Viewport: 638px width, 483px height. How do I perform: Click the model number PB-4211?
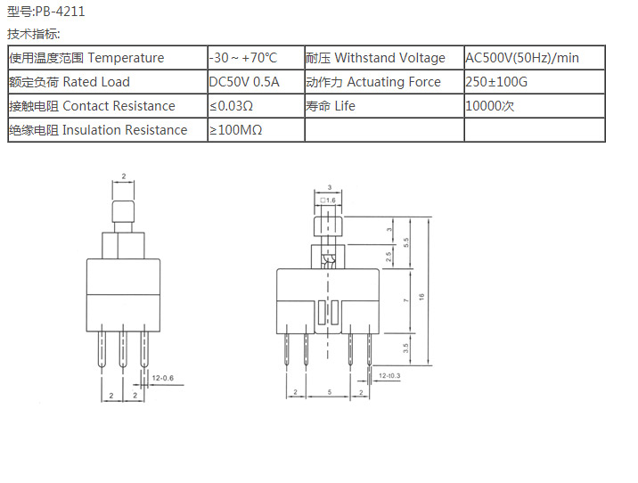point(60,12)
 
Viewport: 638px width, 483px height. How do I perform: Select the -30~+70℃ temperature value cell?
point(243,58)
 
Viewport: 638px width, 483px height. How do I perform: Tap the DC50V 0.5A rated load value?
point(243,82)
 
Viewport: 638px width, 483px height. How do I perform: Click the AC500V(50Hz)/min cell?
point(522,58)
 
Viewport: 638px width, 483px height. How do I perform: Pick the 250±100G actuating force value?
point(497,82)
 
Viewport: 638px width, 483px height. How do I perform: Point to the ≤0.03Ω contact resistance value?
point(232,106)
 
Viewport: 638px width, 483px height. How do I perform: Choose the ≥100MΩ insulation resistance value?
point(235,130)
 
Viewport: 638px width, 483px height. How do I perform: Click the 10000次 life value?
point(490,106)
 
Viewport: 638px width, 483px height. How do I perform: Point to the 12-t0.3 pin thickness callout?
point(389,377)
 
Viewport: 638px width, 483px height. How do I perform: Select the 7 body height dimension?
point(406,301)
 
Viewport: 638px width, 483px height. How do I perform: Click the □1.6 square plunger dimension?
point(329,201)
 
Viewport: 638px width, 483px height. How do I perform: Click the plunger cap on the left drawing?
point(123,214)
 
